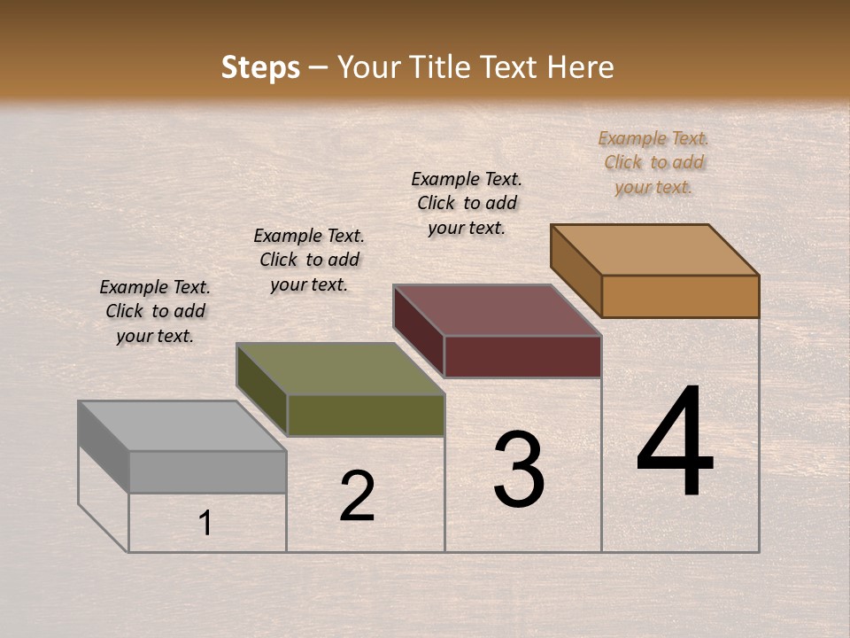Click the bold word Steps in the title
260,67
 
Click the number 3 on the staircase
519,470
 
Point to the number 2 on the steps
357,496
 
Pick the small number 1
205,523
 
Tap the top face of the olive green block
340,369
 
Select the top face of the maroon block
498,310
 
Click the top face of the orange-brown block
655,250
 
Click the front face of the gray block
207,471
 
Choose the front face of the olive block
366,415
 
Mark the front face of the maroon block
522,356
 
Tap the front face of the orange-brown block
680,296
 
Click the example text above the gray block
155,311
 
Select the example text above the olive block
309,260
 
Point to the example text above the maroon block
467,203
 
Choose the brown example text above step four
653,162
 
